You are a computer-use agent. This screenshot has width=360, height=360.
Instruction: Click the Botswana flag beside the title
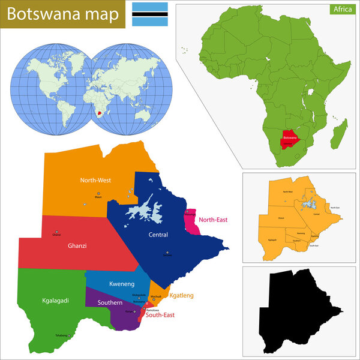point(145,13)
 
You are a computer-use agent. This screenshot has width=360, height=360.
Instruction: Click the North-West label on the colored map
point(95,180)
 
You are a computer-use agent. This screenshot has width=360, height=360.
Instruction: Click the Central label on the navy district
point(158,235)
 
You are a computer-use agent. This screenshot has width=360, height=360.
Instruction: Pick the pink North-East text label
point(213,220)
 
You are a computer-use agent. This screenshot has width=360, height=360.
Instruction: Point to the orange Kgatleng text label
point(181,296)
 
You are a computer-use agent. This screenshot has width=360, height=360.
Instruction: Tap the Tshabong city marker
point(69,335)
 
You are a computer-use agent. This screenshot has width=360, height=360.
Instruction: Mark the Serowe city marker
point(168,252)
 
